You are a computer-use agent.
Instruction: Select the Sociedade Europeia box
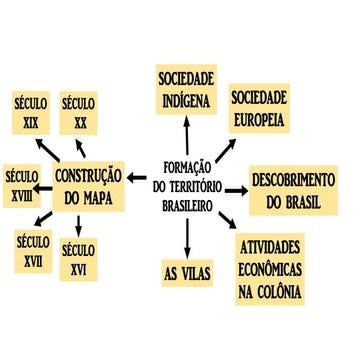coord(258,109)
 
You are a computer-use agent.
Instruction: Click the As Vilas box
coord(187,271)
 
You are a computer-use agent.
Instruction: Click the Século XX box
coord(79,115)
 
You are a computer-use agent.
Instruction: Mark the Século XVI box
coord(79,258)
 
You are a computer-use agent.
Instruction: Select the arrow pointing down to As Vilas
coord(187,235)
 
